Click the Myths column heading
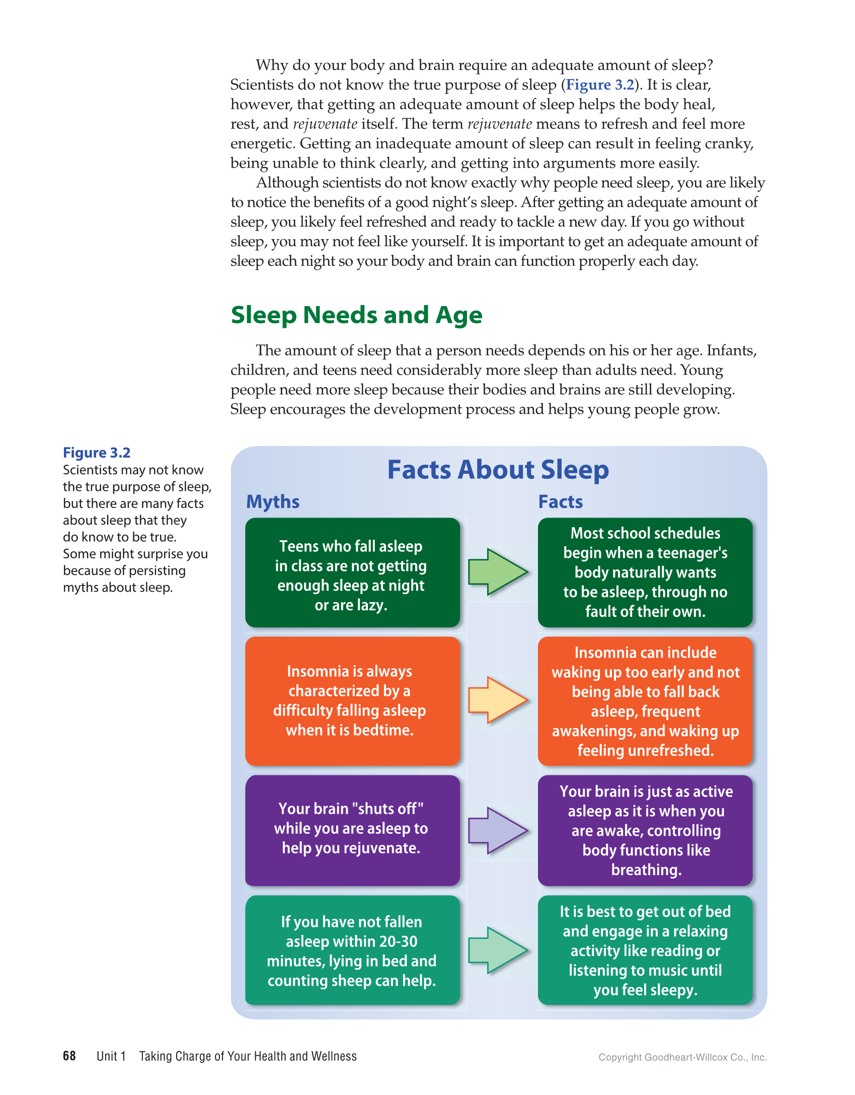273,502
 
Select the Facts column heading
560,502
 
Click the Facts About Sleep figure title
498,470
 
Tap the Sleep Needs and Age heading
356,315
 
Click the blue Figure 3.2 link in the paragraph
600,85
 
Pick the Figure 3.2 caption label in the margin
97,453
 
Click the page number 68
69,1056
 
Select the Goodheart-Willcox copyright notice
682,1057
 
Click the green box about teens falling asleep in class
352,573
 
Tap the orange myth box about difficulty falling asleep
352,701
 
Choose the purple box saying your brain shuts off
352,830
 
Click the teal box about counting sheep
352,951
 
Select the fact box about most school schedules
645,573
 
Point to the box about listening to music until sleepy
645,951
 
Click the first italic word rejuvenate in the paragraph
325,124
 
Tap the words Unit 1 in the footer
111,1056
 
